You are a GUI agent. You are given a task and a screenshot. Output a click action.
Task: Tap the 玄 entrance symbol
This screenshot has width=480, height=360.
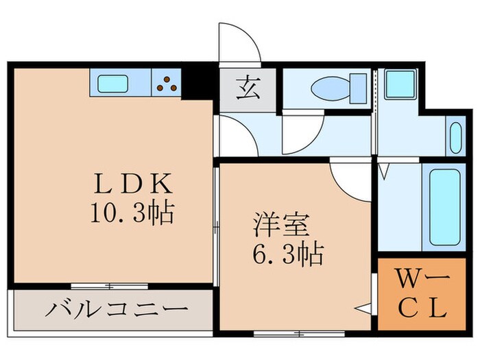pyautogui.click(x=248, y=90)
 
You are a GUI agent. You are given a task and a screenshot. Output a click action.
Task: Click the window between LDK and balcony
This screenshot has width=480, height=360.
pyautogui.click(x=110, y=285)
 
